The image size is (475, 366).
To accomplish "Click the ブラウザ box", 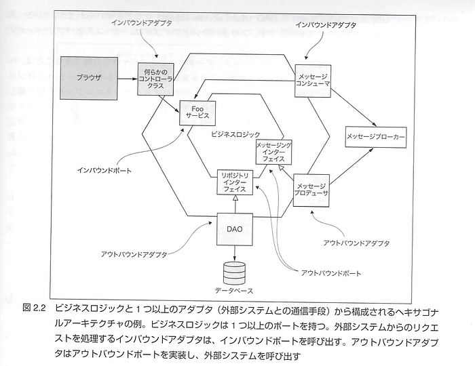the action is pos(89,78).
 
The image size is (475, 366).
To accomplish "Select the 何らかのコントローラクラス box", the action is pos(155,79).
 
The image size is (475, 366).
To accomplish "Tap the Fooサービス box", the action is pos(197,113).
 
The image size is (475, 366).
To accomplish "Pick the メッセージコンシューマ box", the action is pos(313,81).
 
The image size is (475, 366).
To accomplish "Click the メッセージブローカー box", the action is pos(376,137).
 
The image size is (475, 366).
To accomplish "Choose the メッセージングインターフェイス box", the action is pos(274,152).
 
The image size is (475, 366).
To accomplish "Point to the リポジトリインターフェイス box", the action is pos(235,182).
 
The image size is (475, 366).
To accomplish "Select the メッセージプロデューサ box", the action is pos(311,190).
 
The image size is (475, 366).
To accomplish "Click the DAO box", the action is pos(235,229).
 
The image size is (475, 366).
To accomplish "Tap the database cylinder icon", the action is pos(234,272).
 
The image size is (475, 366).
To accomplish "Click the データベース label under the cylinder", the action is pos(234,291).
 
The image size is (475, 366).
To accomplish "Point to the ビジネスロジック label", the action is pos(235,135).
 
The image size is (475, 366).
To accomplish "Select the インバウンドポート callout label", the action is pos(104,171).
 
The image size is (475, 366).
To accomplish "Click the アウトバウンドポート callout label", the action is pos(331,273).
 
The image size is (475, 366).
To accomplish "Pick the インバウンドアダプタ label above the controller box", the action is pos(141,22).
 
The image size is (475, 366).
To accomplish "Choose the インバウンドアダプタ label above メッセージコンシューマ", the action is pos(326,25).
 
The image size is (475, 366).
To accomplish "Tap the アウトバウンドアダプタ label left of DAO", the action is pos(134,254).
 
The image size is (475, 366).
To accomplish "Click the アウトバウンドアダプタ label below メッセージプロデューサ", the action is pos(356,243).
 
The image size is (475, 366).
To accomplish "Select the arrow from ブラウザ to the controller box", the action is pos(128,79).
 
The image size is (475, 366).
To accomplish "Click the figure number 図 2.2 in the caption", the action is pos(34,308).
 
